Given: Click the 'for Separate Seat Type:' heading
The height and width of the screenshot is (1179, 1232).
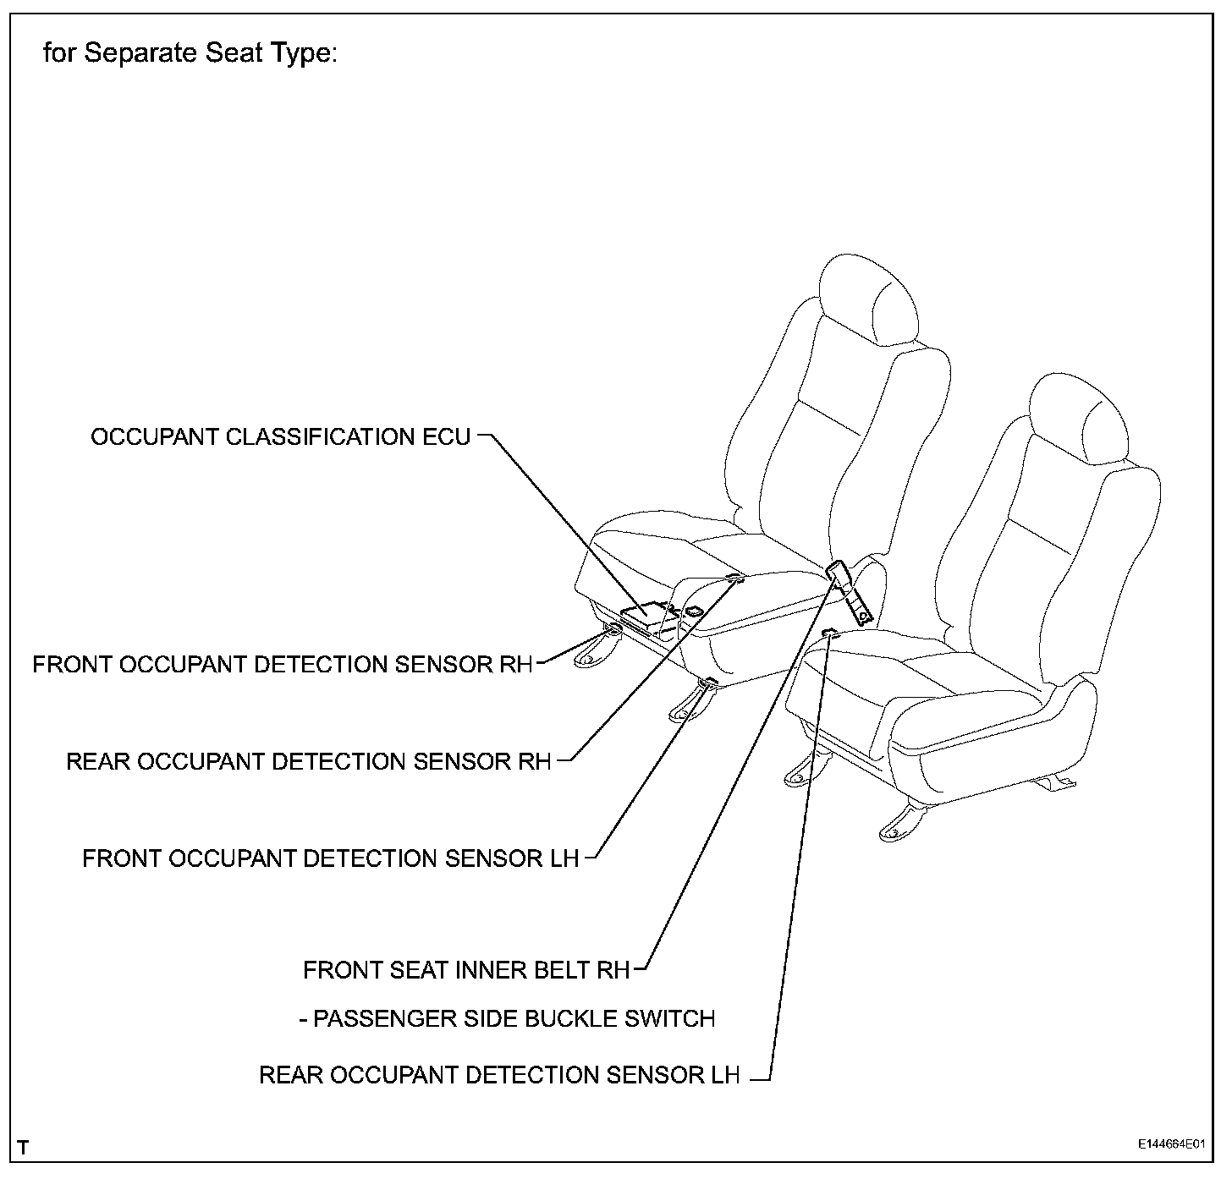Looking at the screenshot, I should (x=190, y=53).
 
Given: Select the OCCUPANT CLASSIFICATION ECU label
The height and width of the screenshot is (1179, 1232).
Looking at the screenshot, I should (x=280, y=437).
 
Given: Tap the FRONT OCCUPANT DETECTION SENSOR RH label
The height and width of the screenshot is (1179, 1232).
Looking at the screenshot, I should (x=283, y=664).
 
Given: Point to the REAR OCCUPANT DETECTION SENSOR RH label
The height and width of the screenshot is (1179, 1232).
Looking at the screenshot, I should (x=308, y=761).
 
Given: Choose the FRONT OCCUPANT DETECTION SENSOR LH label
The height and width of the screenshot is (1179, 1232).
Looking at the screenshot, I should (x=330, y=858).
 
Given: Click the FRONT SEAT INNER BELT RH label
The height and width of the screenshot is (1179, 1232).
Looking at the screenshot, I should (x=466, y=969).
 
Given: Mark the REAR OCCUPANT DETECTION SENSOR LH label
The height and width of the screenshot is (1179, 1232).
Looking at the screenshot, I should (x=499, y=1075).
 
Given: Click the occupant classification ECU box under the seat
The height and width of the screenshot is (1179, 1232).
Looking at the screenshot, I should (x=645, y=611).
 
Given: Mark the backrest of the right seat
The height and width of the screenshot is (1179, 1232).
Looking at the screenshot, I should (x=1049, y=558).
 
